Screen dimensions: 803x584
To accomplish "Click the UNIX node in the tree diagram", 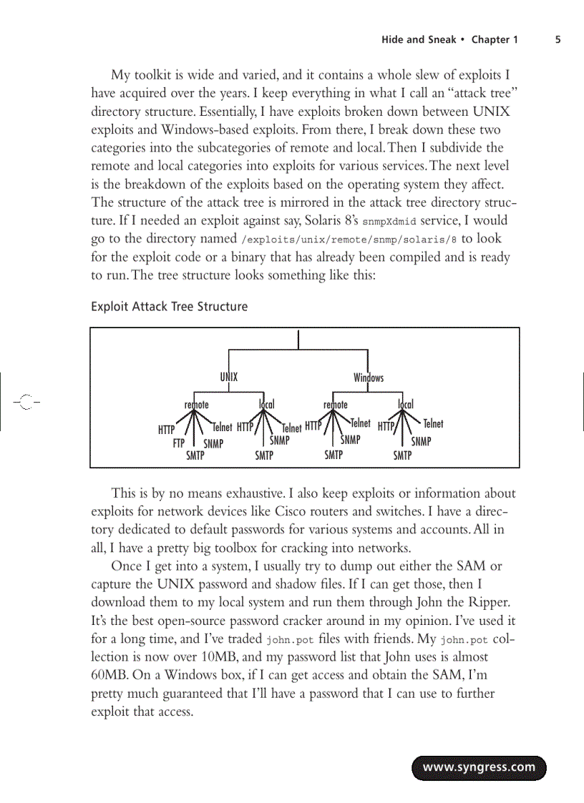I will tap(228, 377).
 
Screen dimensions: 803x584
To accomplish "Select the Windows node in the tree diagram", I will tap(368, 378).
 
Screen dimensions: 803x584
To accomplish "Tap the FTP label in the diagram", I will tap(179, 443).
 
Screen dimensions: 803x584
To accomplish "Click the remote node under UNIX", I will tap(196, 405).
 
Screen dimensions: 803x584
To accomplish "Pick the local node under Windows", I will tap(405, 405).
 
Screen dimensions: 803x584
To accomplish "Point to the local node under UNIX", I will tap(266, 405).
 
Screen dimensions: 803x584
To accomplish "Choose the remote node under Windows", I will tap(335, 405).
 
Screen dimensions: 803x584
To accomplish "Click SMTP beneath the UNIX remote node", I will tap(195, 455).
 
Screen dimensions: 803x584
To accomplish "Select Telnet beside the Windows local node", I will tap(433, 424).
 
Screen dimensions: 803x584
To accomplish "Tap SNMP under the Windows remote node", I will tap(350, 440).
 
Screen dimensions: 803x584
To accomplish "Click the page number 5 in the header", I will tap(558, 40).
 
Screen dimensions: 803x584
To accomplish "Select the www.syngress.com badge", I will tap(479, 768).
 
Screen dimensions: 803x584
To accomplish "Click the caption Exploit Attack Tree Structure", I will tap(169, 307).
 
